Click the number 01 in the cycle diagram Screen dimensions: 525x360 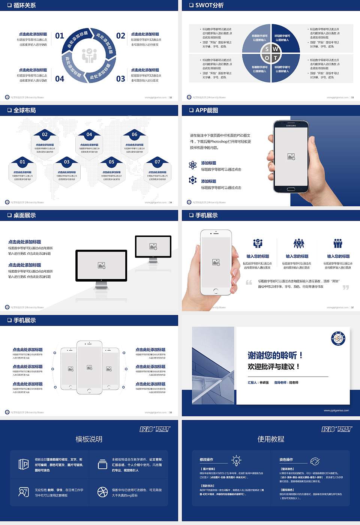(x=60, y=36)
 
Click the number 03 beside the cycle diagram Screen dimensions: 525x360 (x=121, y=79)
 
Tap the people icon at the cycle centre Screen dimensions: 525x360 (x=89, y=55)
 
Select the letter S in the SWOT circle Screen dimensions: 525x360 (x=267, y=49)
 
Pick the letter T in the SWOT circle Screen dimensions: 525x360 (x=276, y=58)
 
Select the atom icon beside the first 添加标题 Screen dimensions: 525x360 (x=193, y=165)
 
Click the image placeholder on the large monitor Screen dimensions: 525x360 (x=101, y=265)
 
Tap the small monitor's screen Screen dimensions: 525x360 (x=153, y=246)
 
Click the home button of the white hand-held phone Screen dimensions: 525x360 (x=216, y=291)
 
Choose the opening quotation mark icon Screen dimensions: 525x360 (x=249, y=282)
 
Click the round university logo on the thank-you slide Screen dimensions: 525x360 (x=338, y=339)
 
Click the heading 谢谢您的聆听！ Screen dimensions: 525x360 (x=275, y=355)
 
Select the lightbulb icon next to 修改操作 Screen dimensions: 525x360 (x=237, y=460)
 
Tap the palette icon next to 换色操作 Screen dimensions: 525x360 (x=315, y=461)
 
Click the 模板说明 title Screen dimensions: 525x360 (x=89, y=439)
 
